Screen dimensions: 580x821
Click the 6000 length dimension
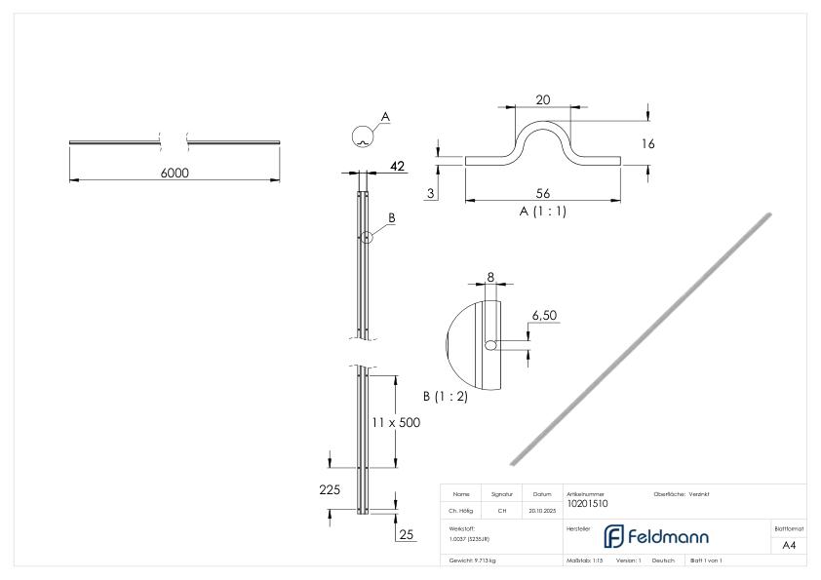(175, 173)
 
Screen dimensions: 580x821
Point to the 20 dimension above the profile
(543, 100)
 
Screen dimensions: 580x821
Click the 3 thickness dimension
(430, 194)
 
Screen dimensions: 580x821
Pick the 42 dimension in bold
(397, 167)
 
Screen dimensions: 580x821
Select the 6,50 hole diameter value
(543, 317)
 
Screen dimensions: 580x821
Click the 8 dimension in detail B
(490, 277)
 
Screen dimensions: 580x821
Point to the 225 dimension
(330, 489)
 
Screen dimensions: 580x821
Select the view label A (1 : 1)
(544, 211)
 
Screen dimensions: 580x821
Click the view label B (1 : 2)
(445, 397)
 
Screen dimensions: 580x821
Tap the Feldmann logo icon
(614, 536)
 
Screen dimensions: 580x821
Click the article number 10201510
(587, 504)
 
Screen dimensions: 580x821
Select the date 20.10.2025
(541, 510)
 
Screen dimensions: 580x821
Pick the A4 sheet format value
(789, 547)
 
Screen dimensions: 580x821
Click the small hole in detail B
(489, 344)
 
